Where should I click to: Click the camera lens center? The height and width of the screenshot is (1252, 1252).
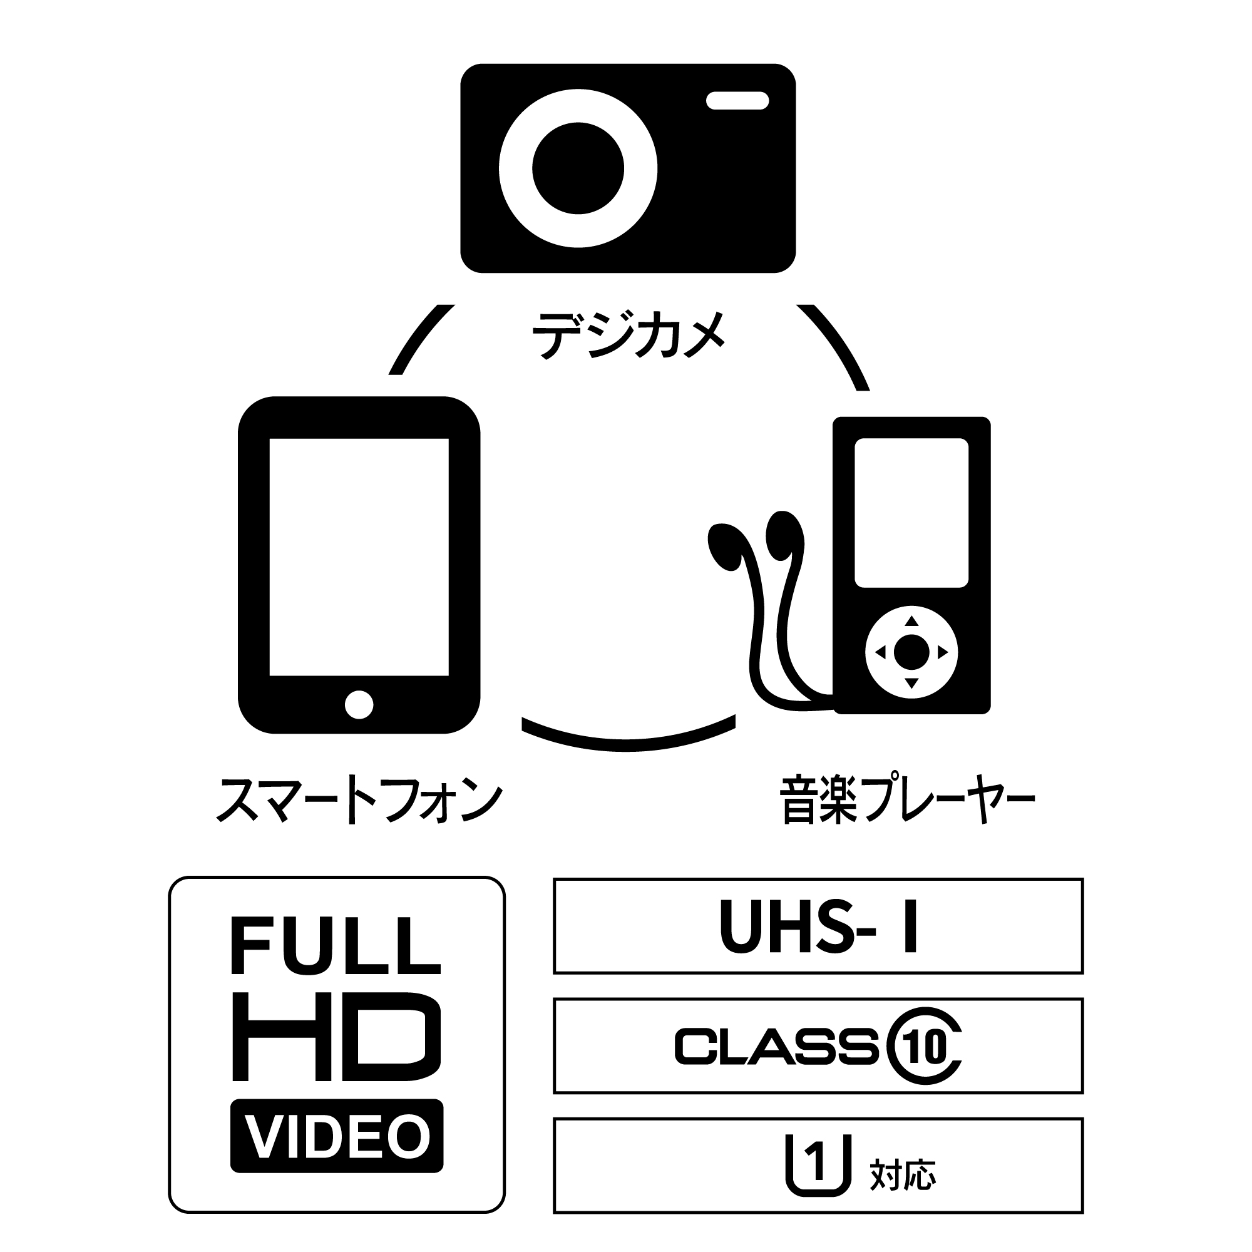577,168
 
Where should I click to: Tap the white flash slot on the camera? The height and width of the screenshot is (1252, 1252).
737,101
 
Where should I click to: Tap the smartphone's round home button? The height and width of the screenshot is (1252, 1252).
359,704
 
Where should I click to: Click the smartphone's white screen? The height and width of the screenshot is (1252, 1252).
359,557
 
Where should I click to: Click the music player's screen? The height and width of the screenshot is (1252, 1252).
911,513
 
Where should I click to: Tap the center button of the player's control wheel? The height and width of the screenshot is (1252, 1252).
911,652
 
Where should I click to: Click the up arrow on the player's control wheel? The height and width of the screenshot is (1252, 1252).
911,621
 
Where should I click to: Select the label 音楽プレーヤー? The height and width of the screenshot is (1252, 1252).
907,802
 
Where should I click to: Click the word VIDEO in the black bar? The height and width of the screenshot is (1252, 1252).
337,1137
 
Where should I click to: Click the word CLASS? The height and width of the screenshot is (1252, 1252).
776,1047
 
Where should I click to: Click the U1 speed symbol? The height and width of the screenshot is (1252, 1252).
817,1164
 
